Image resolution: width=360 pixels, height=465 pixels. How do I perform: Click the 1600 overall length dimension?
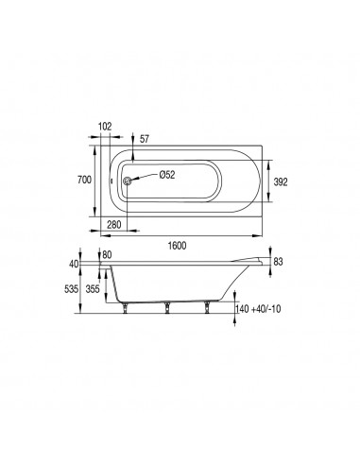pyautogui.click(x=177, y=246)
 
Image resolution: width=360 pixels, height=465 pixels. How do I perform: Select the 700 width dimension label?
pyautogui.click(x=84, y=180)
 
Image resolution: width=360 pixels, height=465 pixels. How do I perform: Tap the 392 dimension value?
pyautogui.click(x=281, y=182)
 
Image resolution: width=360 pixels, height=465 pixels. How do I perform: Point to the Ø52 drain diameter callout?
pyautogui.click(x=167, y=175)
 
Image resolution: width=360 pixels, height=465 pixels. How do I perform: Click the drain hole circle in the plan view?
pyautogui.click(x=128, y=181)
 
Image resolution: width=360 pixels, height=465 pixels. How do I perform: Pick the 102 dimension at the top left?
pyautogui.click(x=105, y=127)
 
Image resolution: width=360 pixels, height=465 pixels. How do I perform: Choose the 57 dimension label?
pyautogui.click(x=144, y=139)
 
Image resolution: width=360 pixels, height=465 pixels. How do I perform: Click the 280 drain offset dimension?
pyautogui.click(x=114, y=225)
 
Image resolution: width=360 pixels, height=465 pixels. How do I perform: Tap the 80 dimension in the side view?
pyautogui.click(x=107, y=255)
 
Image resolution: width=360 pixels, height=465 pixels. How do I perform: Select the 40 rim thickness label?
pyautogui.click(x=74, y=264)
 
